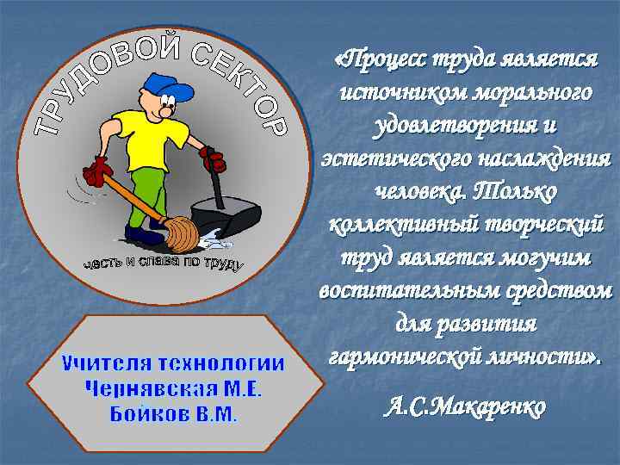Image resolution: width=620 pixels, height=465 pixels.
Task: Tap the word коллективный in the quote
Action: click(x=394, y=221)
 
